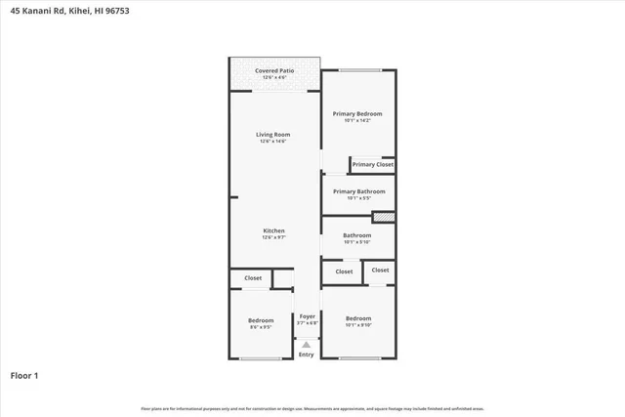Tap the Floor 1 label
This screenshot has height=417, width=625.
(x=24, y=375)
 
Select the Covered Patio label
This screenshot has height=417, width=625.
(x=274, y=70)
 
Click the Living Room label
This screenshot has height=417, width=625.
(x=273, y=134)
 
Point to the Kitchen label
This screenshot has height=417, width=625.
(x=273, y=230)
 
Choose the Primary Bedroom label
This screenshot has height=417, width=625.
(x=357, y=113)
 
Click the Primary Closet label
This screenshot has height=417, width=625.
(x=373, y=164)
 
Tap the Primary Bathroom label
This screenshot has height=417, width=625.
(x=358, y=191)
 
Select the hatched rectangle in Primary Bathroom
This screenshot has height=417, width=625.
(x=384, y=217)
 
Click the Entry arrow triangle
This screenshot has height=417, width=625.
(x=307, y=345)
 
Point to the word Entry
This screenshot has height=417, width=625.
(x=307, y=354)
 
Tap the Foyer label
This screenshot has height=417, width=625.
(x=307, y=315)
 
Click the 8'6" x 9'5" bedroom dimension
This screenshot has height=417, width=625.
(x=261, y=327)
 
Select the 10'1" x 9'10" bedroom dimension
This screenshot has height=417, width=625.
(x=358, y=325)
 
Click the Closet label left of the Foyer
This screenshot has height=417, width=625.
(x=253, y=278)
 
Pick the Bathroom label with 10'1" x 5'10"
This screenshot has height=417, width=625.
(x=357, y=235)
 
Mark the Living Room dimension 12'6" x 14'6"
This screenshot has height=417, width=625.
(x=273, y=142)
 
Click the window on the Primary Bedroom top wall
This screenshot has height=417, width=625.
(x=359, y=69)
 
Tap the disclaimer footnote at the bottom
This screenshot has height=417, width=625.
(x=312, y=408)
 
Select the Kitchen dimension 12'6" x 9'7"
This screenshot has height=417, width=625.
(x=273, y=237)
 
